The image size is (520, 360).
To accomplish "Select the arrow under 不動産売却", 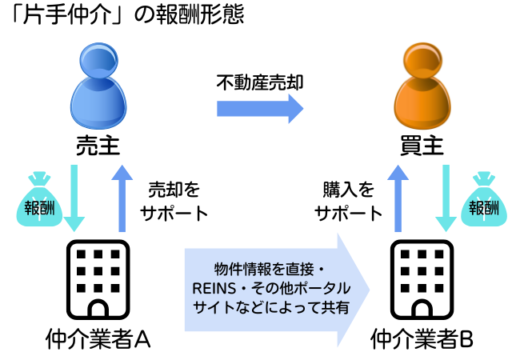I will click(261, 108).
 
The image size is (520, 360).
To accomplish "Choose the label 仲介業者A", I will click(98, 339).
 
